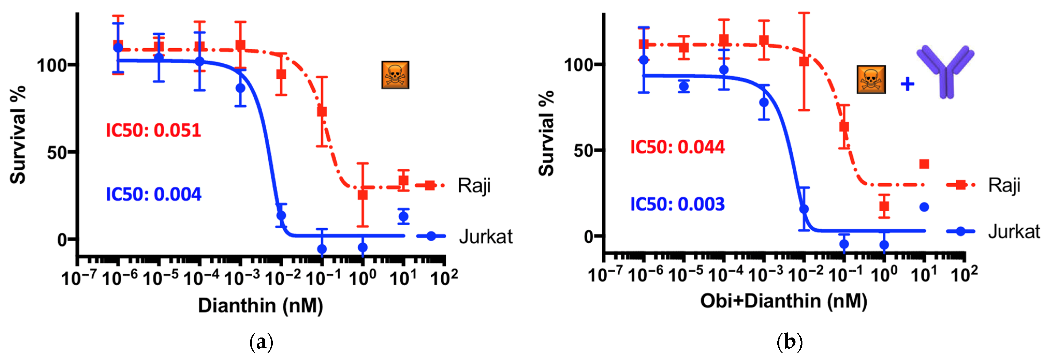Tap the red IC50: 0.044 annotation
tap(677, 147)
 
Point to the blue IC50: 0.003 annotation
tap(677, 204)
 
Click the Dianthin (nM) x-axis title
tap(260, 305)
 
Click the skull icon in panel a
tap(395, 75)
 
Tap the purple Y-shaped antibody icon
tap(945, 71)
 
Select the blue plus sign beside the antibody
tap(907, 85)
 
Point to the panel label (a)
tap(261, 342)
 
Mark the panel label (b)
tap(789, 342)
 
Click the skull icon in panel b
tap(871, 79)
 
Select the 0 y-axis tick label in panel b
tap(589, 236)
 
